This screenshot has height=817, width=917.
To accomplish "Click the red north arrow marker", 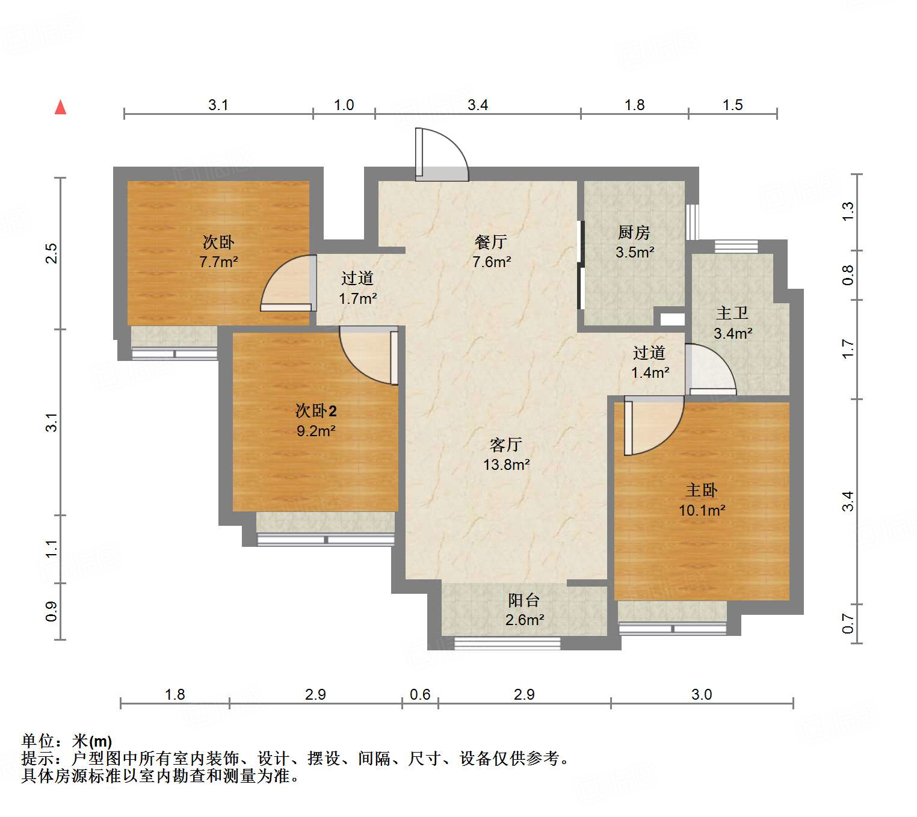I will [x=60, y=107].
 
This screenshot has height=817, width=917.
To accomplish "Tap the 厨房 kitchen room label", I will [x=634, y=232].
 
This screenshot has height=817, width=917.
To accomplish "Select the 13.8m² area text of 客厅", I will [x=506, y=464].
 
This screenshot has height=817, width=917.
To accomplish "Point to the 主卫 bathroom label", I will [x=732, y=313].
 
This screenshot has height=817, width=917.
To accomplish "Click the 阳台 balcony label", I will [x=523, y=600].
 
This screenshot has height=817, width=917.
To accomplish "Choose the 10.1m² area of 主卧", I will [x=702, y=510].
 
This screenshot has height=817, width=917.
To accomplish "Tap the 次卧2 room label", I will [x=316, y=411].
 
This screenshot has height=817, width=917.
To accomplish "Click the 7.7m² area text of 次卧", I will [x=218, y=262].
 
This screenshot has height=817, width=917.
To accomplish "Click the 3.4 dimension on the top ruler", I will [x=478, y=105].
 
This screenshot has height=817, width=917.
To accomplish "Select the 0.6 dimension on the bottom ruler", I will [x=420, y=694].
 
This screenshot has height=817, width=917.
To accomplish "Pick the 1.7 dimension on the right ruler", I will [x=847, y=349].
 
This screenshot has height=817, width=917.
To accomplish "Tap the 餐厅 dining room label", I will [x=490, y=242].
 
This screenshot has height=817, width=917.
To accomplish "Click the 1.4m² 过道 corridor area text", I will [x=650, y=372].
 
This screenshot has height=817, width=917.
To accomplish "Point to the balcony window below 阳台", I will [x=507, y=643].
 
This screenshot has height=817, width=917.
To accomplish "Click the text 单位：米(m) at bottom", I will [x=66, y=741].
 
